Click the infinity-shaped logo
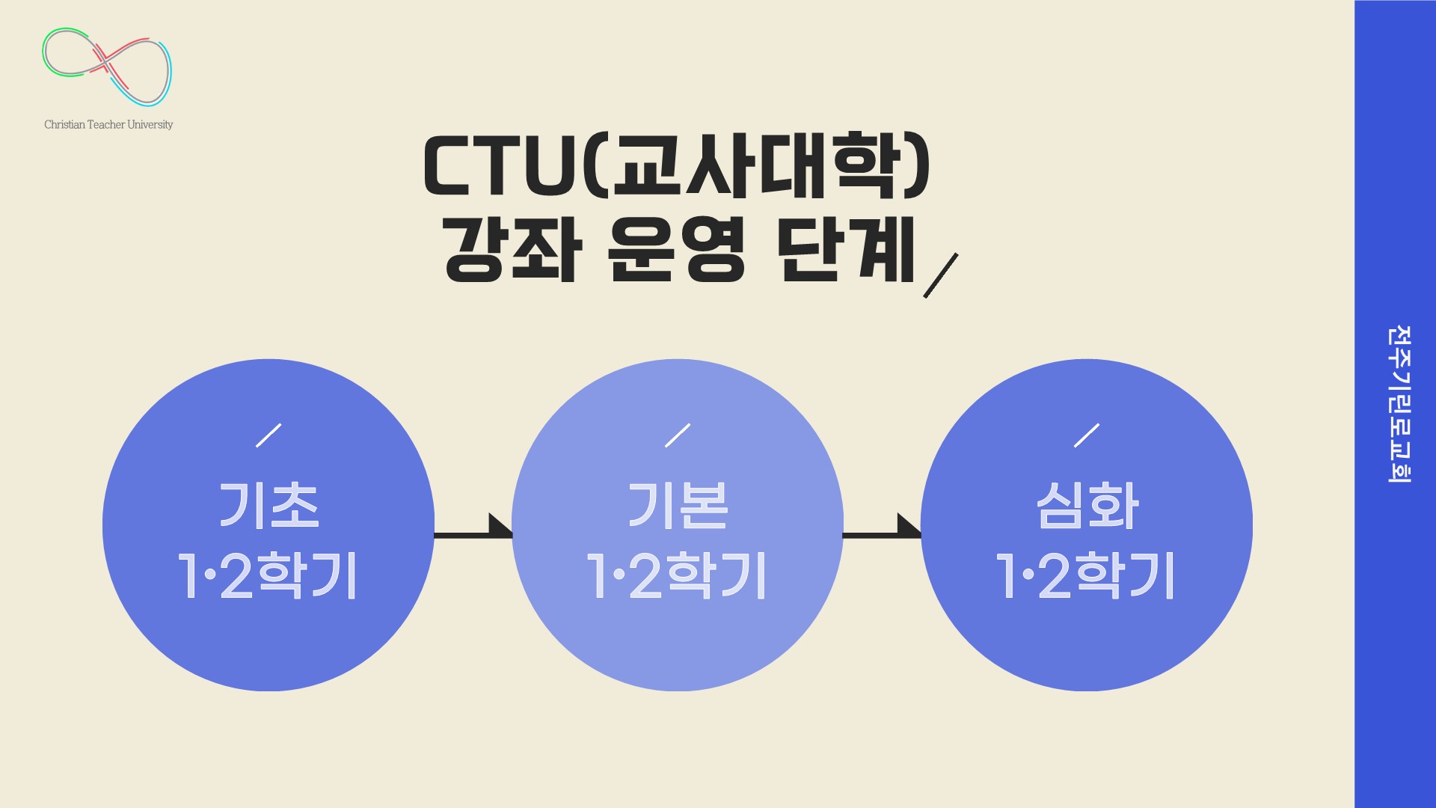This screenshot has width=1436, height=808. click(107, 67)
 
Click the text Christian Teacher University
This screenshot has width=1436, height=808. click(108, 125)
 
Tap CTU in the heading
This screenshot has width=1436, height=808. click(500, 166)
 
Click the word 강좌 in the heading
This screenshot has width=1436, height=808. click(512, 250)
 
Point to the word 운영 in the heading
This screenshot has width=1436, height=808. click(677, 250)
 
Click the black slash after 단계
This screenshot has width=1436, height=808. click(940, 275)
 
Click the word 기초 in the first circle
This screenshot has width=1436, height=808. click(269, 505)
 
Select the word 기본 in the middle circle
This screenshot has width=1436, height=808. click(678, 505)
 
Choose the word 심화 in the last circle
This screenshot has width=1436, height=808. click(1087, 505)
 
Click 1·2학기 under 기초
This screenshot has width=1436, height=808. click(268, 575)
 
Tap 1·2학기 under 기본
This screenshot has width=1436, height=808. click(677, 575)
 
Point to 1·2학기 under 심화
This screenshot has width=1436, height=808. click(1085, 575)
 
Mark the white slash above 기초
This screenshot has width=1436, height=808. click(269, 435)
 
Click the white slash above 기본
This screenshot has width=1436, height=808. click(678, 435)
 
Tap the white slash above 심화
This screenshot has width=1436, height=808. click(1087, 435)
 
